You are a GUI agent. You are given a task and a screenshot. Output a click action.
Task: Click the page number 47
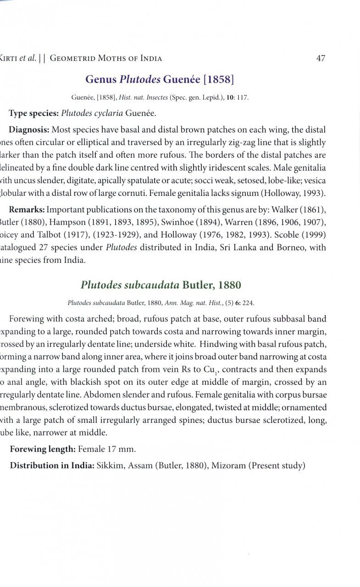pyautogui.click(x=321, y=58)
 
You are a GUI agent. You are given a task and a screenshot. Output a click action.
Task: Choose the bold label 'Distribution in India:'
pyautogui.click(x=52, y=466)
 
